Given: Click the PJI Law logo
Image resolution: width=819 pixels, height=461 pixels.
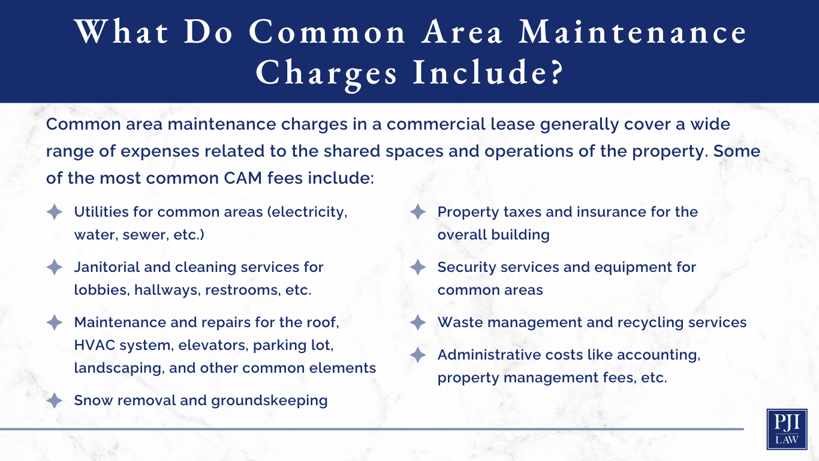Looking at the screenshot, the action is [x=787, y=429].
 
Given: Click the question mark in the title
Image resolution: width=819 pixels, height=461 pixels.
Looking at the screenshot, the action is [x=553, y=73].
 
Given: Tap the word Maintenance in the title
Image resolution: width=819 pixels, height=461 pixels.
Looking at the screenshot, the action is [x=633, y=32].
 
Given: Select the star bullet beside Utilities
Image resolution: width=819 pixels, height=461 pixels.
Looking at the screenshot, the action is [x=54, y=212].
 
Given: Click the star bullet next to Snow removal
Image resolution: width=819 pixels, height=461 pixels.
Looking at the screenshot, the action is [x=54, y=400].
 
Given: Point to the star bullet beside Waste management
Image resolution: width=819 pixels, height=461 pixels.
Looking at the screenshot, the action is [x=418, y=322].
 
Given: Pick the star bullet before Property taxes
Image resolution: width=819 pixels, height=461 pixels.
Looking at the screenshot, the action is [x=418, y=212].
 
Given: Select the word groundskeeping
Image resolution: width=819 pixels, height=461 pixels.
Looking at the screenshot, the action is [x=269, y=401].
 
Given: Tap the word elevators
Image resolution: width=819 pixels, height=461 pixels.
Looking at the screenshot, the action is [x=213, y=345].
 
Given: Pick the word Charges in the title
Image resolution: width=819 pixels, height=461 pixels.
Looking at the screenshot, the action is [x=326, y=73].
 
